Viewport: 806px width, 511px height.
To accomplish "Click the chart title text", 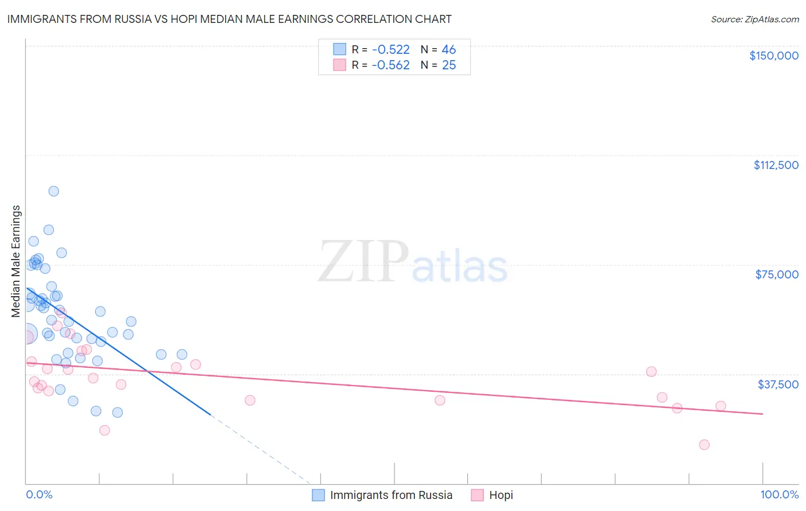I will pos(229,19).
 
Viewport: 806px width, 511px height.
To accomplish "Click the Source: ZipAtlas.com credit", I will pos(754,19).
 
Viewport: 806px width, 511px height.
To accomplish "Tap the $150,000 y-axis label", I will pos(773,56).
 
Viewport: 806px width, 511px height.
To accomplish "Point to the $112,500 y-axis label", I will pos(776,165).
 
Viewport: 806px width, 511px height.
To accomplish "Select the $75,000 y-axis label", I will pos(777,274).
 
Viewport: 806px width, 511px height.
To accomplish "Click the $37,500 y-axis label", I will pos(778,384).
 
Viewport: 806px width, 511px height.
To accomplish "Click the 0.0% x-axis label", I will pos(39,495).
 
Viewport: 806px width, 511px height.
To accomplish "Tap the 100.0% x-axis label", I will pos(779,495).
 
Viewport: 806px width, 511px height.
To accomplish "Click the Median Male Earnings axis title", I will pos(16,261).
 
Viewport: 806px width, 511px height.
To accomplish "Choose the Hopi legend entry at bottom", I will pos(500,495).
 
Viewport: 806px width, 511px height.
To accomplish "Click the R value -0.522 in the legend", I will pos(390,50).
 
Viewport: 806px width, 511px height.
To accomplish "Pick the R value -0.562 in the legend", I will pos(390,65).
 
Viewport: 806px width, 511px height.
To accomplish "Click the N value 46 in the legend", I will pos(449,50).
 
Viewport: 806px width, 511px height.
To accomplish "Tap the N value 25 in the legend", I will pos(449,65).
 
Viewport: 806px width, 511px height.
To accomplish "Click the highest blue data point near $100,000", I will pos(53,191).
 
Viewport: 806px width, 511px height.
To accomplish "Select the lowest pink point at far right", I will pos(705,445).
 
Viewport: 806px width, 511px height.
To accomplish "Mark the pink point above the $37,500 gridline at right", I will pos(651,372).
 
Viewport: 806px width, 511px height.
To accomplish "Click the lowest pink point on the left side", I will pos(104,430).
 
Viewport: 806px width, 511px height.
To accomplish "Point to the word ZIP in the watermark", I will pos(363,262).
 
